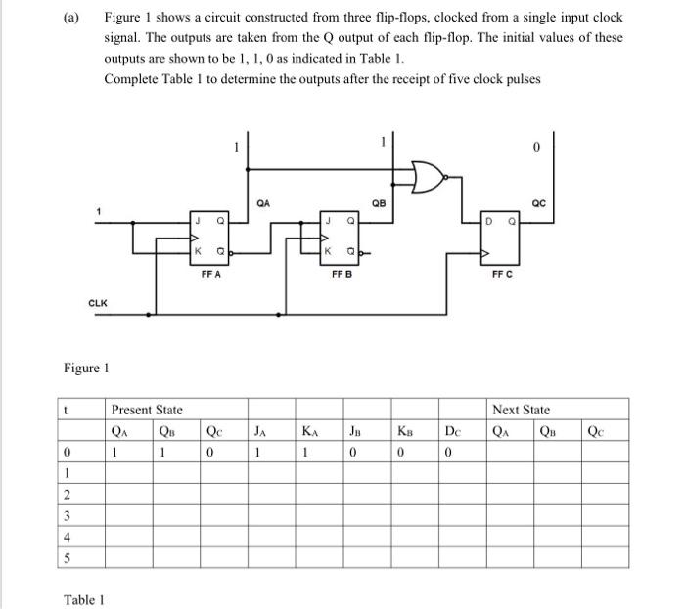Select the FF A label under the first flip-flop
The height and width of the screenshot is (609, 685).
[x=210, y=275]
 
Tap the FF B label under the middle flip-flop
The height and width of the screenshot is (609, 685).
[x=342, y=275]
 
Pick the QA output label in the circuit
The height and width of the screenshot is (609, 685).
[x=261, y=204]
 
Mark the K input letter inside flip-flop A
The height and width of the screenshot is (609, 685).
[x=200, y=251]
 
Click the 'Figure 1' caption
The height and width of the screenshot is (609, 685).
[x=86, y=369]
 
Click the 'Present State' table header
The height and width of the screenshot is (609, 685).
[x=147, y=411]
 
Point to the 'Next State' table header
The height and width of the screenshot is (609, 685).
[x=521, y=411]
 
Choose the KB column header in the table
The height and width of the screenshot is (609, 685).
[x=404, y=430]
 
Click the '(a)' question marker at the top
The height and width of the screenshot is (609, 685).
[x=72, y=18]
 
